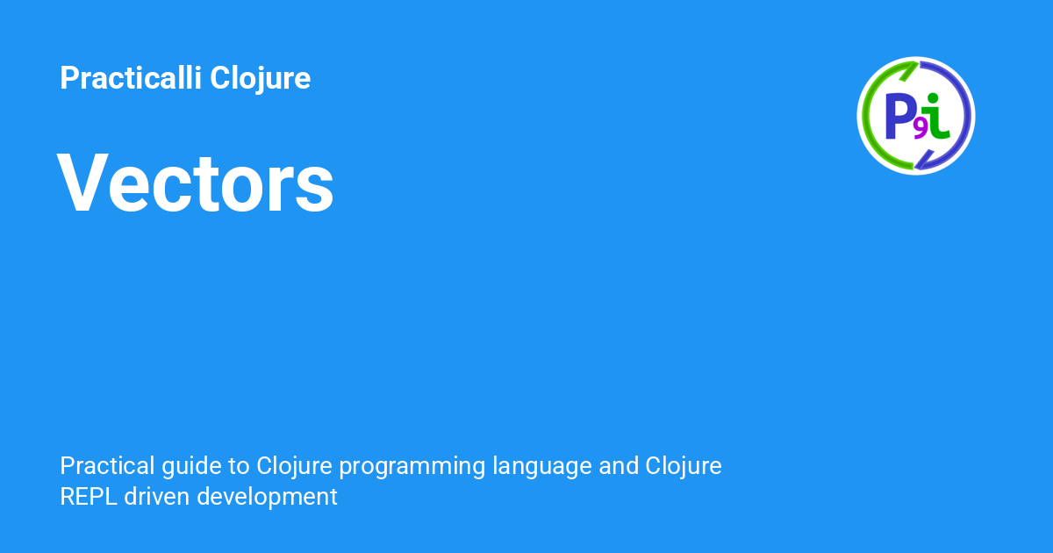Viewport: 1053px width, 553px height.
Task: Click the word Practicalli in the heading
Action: (x=131, y=77)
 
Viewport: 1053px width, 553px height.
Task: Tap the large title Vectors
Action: (x=196, y=183)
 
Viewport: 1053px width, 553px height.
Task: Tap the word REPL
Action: (x=89, y=497)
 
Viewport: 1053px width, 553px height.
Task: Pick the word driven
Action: (x=156, y=497)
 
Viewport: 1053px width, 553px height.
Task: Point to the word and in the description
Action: (x=618, y=465)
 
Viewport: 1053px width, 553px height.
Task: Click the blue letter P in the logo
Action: (x=899, y=116)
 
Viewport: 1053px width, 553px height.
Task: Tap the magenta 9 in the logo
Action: (x=920, y=130)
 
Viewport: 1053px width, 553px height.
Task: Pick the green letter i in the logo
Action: (x=935, y=117)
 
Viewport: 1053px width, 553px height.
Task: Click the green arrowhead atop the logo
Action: (x=909, y=71)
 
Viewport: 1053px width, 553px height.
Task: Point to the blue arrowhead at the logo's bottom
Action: (x=924, y=160)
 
